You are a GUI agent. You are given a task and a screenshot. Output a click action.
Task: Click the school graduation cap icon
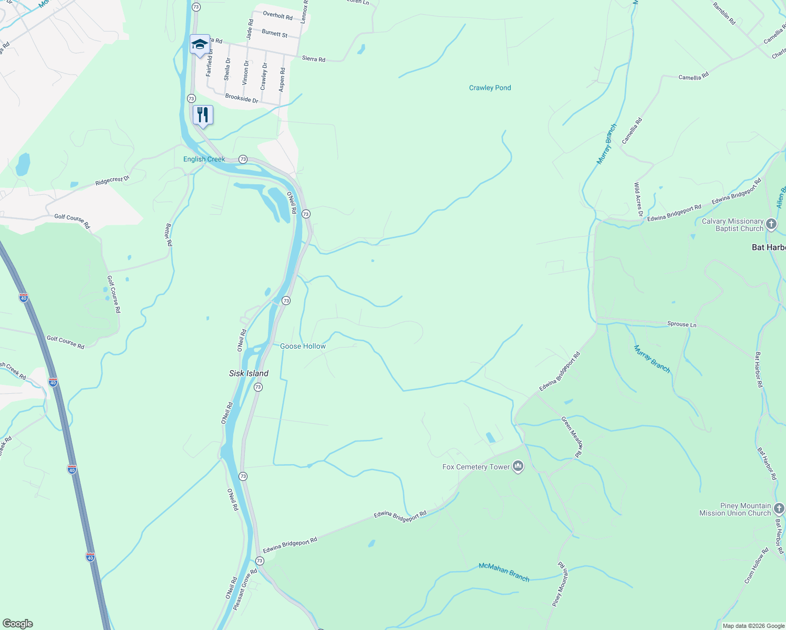tap(199, 44)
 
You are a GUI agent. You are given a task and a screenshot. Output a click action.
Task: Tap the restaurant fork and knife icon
tap(203, 115)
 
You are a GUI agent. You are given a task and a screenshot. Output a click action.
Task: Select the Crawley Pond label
tap(490, 88)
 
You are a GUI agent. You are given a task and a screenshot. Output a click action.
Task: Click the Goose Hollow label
tap(303, 346)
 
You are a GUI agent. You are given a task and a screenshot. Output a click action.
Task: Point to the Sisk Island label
tap(249, 373)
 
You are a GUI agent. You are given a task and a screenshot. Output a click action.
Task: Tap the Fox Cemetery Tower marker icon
tap(518, 466)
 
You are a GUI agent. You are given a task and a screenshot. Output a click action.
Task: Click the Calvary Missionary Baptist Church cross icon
tap(771, 225)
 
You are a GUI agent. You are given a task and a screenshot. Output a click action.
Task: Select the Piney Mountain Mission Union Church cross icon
tap(779, 508)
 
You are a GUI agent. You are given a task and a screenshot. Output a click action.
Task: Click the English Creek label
tap(204, 159)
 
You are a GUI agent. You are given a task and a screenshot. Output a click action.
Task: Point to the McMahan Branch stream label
tap(504, 572)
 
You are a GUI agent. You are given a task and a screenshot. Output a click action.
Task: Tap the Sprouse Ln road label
tap(681, 324)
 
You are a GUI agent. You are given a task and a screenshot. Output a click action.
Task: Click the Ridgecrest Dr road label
tap(112, 181)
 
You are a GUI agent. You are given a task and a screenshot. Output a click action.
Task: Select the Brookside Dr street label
tap(242, 98)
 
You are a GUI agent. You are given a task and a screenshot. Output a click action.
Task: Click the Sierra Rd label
tap(314, 59)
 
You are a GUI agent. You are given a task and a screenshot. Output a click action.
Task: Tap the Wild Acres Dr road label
tap(638, 199)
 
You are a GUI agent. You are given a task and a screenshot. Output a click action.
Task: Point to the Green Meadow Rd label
tap(572, 437)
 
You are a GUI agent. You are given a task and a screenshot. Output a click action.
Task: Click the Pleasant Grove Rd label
tap(245, 589)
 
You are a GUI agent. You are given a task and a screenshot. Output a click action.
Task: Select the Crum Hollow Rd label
tap(757, 565)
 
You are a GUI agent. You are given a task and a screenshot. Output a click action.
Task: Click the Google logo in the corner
tap(17, 623)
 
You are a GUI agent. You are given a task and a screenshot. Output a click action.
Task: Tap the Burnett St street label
tap(274, 33)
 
